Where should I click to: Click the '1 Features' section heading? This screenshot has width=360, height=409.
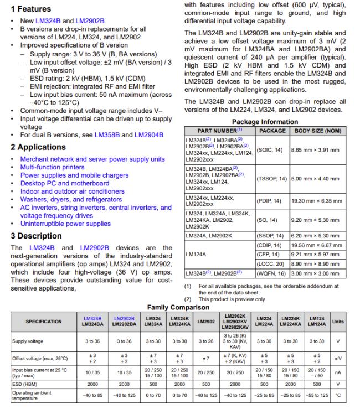(x=31, y=9)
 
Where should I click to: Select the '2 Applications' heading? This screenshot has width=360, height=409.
(x=38, y=147)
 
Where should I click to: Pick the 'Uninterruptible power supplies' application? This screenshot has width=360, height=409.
(x=65, y=224)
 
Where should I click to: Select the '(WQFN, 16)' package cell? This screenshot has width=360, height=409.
(x=272, y=274)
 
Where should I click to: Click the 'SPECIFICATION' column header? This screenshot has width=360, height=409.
(x=44, y=322)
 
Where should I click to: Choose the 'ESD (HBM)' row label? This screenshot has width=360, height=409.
(x=25, y=382)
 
